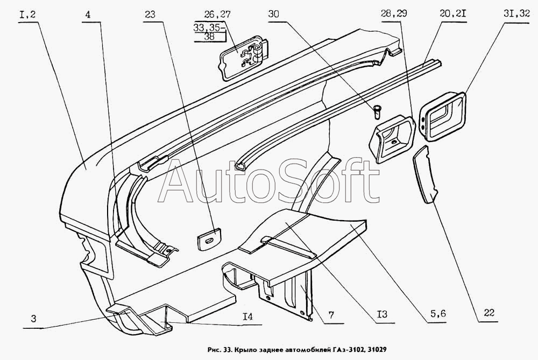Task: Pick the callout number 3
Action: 33,319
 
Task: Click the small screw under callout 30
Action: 376,112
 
